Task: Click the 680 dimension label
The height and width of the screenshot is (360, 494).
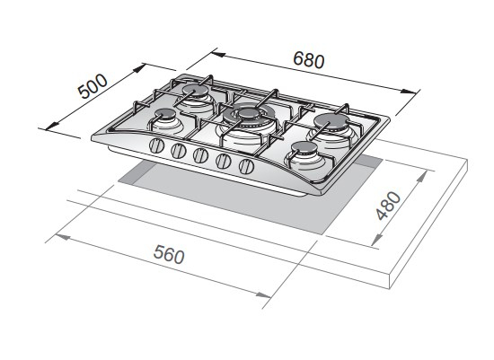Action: click(308, 59)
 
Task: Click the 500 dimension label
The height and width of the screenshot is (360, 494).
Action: click(93, 85)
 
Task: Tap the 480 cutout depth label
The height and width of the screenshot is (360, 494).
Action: click(388, 206)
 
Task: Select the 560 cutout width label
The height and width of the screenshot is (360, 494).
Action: click(169, 254)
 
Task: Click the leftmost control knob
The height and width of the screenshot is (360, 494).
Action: click(156, 146)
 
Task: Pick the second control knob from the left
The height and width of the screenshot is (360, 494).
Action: click(179, 151)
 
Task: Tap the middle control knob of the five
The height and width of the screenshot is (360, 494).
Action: click(200, 155)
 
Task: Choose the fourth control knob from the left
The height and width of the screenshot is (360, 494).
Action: click(224, 161)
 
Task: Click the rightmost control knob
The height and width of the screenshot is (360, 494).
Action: click(246, 166)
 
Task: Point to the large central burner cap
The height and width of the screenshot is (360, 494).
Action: click(249, 113)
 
